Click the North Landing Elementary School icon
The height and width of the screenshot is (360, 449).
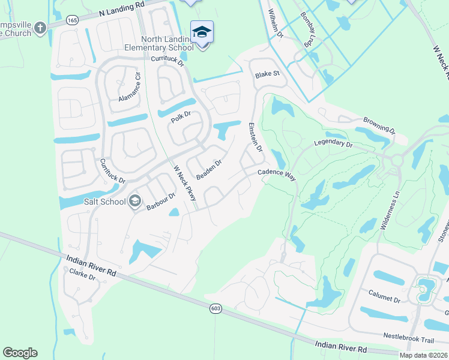[x=202, y=32]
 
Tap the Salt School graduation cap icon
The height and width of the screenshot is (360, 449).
[x=135, y=200]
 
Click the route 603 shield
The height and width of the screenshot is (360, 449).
[x=216, y=308]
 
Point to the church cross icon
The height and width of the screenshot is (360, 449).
[x=40, y=28]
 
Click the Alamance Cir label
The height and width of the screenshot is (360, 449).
[x=129, y=86]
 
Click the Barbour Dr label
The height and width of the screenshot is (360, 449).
[x=160, y=201]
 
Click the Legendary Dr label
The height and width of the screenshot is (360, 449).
[x=333, y=144]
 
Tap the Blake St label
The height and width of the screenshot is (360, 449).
[x=268, y=74]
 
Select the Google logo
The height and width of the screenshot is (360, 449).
[x=20, y=353]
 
